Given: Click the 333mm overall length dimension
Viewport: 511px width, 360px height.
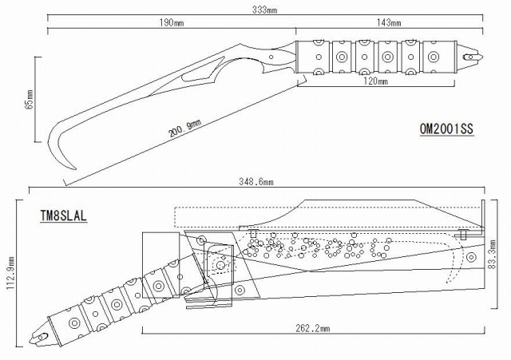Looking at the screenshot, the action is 264,10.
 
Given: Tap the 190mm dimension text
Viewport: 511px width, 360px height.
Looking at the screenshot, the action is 172,23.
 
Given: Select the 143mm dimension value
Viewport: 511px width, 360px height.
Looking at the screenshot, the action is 389,23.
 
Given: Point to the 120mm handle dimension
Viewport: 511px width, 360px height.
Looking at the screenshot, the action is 375,81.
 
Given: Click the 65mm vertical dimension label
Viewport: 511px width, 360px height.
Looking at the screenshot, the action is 29,99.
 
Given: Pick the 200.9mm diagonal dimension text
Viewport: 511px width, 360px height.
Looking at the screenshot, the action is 184,129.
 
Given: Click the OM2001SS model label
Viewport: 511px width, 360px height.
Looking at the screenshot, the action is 446,129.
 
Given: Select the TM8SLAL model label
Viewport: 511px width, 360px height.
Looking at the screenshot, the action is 64,216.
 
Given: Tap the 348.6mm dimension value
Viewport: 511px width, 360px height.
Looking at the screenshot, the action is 256,181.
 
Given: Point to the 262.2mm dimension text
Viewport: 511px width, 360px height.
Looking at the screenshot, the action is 312,328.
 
